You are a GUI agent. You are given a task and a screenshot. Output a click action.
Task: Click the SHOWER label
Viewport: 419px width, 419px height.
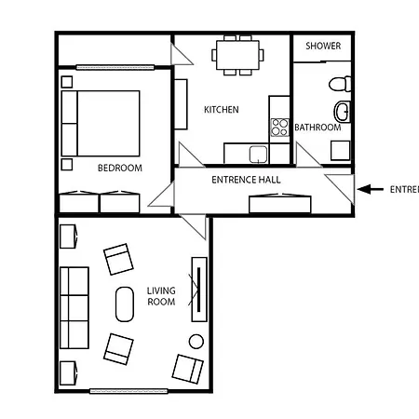tap(322, 46)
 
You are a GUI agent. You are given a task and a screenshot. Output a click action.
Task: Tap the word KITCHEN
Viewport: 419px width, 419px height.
tap(221, 110)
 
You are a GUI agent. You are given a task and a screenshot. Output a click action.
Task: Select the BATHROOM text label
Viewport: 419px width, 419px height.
tap(318, 128)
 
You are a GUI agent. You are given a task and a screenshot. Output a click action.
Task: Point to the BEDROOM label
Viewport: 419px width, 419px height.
tap(119, 169)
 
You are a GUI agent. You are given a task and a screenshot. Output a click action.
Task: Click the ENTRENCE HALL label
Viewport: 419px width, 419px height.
tap(246, 180)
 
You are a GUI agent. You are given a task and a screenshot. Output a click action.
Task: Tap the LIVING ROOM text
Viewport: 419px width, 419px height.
tap(161, 296)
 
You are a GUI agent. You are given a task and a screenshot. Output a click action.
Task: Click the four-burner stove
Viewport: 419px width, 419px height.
tap(278, 126)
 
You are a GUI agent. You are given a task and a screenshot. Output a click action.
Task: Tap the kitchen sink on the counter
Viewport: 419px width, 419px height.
tap(257, 153)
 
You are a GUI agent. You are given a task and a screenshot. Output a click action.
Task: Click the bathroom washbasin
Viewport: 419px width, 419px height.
tap(343, 114)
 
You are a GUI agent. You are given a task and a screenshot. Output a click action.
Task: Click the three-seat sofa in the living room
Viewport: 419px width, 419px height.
tap(74, 304)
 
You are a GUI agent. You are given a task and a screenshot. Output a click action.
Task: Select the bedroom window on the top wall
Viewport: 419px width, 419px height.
tap(115, 67)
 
